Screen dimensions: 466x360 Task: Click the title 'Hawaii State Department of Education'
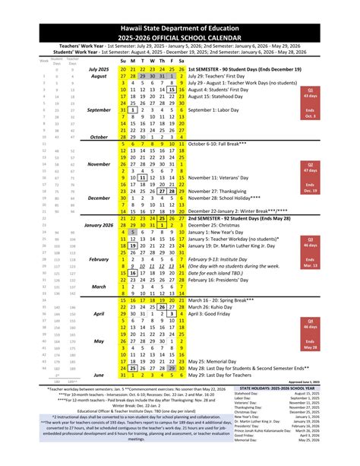(180, 8)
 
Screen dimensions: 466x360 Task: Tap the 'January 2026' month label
(97, 226)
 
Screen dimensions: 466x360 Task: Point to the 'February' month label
(98, 259)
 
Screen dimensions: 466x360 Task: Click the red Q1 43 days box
(331, 92)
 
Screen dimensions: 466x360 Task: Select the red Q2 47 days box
(331, 166)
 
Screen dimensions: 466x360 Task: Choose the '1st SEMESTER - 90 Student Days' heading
(248, 68)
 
